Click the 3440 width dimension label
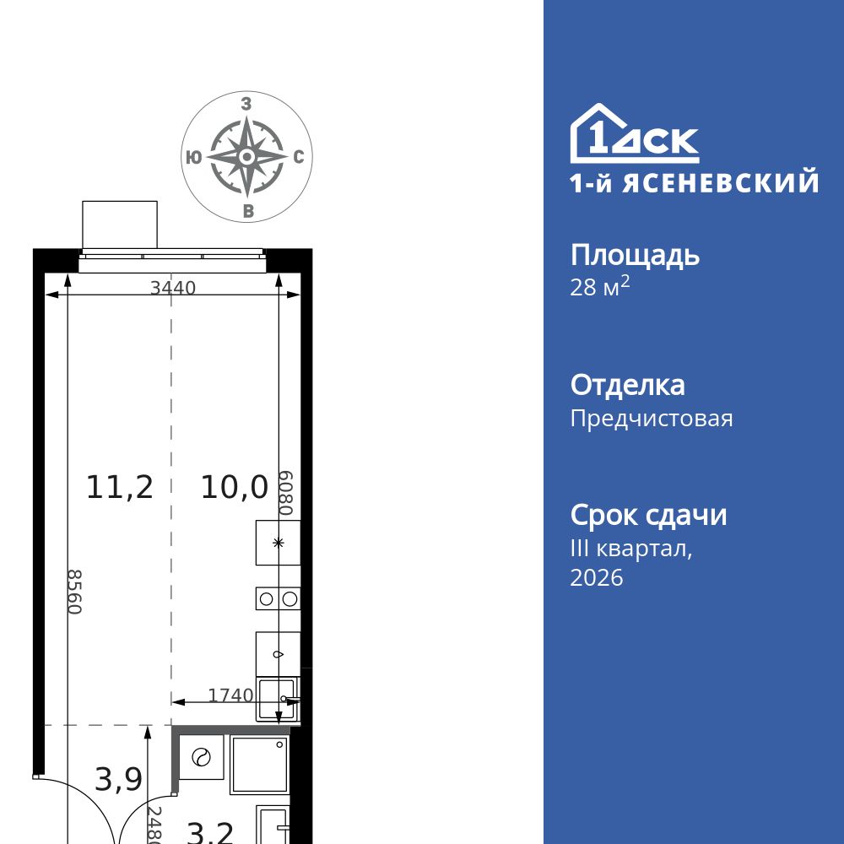click(173, 288)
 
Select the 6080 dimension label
click(286, 493)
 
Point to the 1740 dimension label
click(230, 695)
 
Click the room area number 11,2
click(120, 487)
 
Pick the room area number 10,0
click(234, 487)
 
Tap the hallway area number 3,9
click(118, 780)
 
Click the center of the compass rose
click(246, 157)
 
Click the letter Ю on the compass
click(193, 157)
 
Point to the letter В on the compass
click(247, 211)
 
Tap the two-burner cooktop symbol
click(279, 598)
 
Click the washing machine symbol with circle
click(201, 757)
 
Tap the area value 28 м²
click(600, 287)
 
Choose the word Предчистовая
click(652, 418)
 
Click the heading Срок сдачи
click(648, 515)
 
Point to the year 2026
click(597, 577)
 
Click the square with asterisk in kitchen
click(279, 543)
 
